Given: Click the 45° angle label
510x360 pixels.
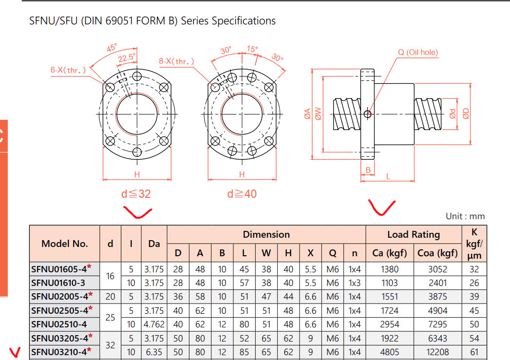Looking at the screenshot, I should (x=112, y=48).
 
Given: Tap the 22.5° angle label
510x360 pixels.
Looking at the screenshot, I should (x=126, y=57).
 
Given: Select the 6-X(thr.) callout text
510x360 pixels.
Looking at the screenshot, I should (x=68, y=70).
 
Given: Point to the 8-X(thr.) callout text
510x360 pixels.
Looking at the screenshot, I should (x=176, y=61).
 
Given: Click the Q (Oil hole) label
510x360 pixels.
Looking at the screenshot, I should (x=417, y=52).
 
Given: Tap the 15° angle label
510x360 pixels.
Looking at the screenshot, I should (x=252, y=49).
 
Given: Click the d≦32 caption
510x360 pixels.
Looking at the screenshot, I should (x=136, y=193).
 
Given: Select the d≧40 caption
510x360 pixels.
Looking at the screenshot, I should (x=242, y=193).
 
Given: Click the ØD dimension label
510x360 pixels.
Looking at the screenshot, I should (x=466, y=114).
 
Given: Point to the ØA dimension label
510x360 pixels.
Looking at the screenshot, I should (x=307, y=114).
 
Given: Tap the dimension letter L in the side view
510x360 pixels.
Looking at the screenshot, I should (x=388, y=176).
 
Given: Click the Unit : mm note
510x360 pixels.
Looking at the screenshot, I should (x=465, y=216).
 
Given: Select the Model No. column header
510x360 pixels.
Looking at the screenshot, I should (x=64, y=244).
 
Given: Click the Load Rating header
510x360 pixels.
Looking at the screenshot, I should (x=413, y=234).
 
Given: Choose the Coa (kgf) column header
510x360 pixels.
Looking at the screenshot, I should (x=437, y=253).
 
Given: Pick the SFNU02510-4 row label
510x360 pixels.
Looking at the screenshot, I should (x=58, y=324).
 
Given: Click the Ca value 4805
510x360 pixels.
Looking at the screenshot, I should (x=389, y=352).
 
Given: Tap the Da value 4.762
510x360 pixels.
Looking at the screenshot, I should (x=154, y=324).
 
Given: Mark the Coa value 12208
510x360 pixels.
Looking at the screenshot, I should (x=437, y=352).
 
